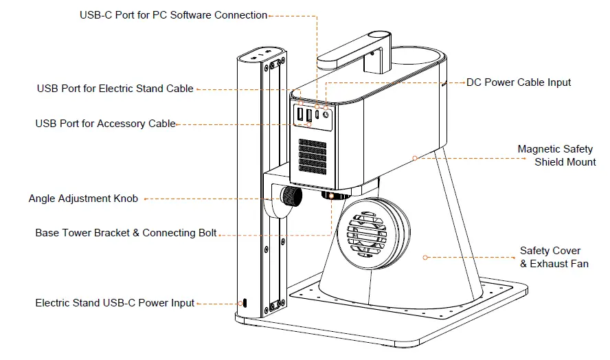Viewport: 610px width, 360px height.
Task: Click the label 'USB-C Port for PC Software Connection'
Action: [173, 15]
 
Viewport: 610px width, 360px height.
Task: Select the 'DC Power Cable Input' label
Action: [519, 82]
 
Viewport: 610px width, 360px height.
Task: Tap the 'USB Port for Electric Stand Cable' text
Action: [115, 89]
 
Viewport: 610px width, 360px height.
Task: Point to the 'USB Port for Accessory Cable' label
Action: [105, 124]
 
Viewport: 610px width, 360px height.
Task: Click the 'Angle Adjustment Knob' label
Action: [83, 199]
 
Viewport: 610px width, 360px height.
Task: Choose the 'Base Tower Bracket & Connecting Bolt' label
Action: [126, 233]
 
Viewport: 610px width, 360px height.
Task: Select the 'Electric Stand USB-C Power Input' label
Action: [115, 303]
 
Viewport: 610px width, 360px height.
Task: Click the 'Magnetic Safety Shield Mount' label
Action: [556, 155]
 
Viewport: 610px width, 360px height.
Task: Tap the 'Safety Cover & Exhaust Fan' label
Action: [554, 257]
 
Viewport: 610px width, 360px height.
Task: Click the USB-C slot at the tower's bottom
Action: [242, 303]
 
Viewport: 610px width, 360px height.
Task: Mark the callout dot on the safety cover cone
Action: [425, 258]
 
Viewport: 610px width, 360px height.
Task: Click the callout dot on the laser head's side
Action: [415, 158]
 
